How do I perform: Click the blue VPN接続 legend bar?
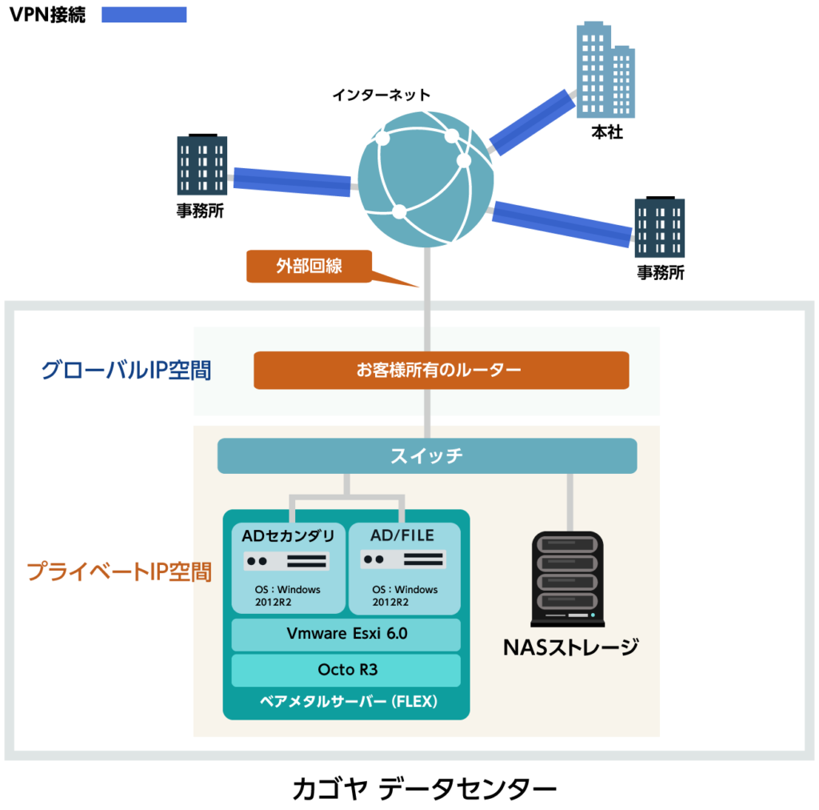tap(144, 14)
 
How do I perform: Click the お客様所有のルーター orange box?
tap(441, 370)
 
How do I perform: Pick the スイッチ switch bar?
tap(427, 456)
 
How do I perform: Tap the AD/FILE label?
tap(402, 535)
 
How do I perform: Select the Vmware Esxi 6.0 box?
tap(346, 634)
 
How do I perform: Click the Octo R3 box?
tap(346, 670)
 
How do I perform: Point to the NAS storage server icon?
tap(567, 579)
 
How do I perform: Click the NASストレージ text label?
tap(570, 647)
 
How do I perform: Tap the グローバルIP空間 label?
tap(126, 371)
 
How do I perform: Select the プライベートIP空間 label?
tap(119, 571)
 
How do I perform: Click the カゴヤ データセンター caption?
tap(424, 788)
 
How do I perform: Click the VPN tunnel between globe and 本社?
tap(532, 122)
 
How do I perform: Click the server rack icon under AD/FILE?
tap(402, 559)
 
